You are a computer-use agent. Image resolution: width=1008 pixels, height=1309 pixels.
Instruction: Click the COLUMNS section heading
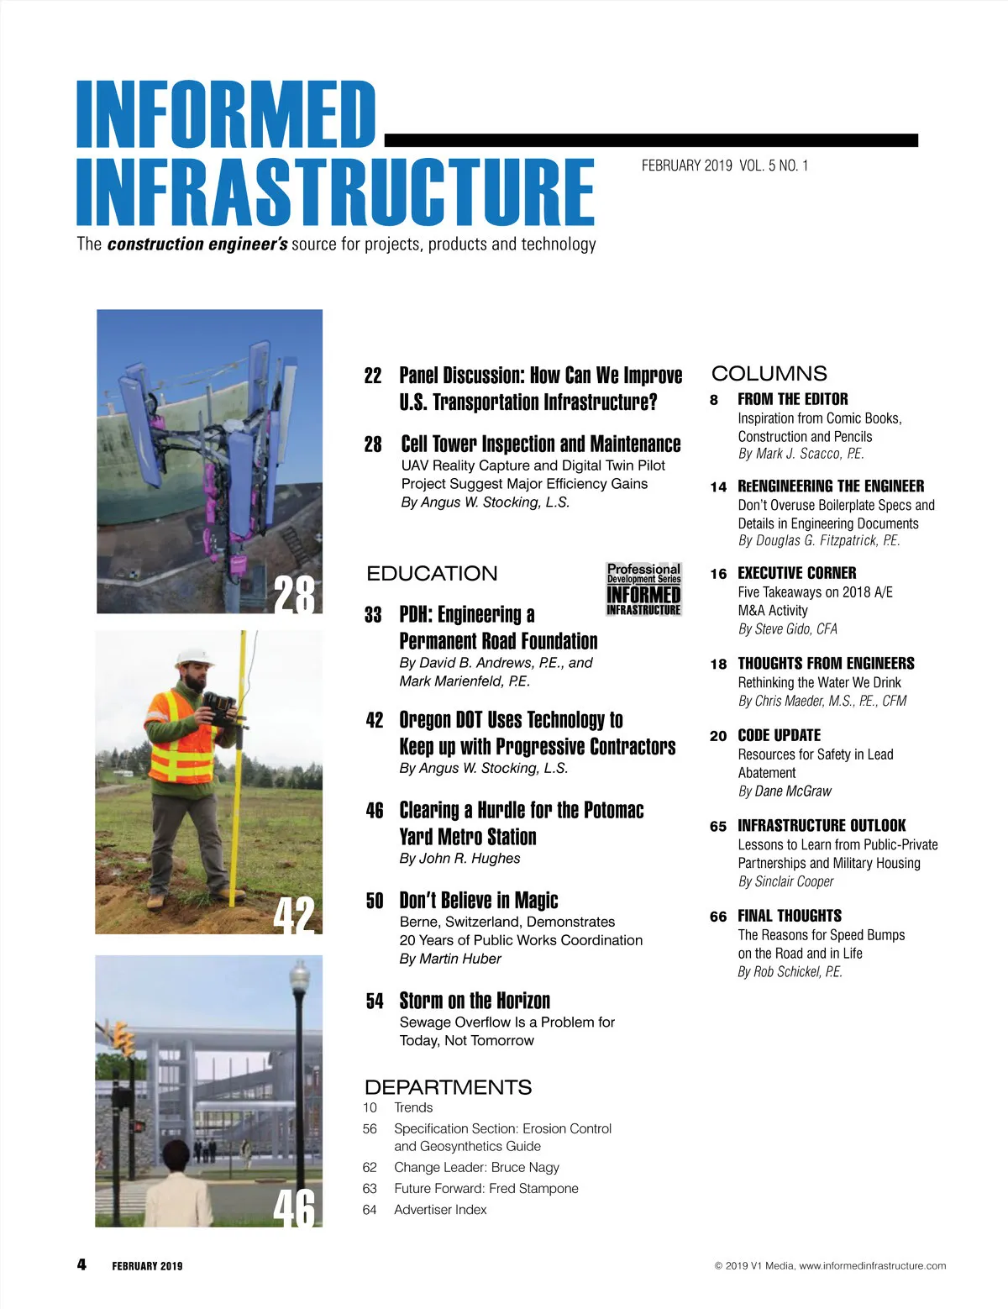(769, 374)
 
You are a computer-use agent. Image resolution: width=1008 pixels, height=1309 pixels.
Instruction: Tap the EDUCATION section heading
(432, 574)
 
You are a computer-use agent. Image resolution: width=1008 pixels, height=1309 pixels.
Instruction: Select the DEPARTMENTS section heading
(448, 1087)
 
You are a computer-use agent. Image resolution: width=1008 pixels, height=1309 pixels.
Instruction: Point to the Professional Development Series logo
(643, 589)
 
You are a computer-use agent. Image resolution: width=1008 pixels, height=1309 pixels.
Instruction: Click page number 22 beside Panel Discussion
(373, 376)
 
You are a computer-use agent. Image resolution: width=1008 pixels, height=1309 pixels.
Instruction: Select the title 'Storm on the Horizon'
(475, 1001)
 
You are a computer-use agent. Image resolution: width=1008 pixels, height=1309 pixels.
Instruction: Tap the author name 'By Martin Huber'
(450, 959)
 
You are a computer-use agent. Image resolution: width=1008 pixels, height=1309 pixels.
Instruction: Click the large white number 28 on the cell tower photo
(295, 594)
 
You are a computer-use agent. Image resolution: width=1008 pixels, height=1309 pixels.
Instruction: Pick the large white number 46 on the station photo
(295, 1207)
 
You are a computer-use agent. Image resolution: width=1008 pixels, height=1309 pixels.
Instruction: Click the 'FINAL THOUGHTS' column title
(789, 916)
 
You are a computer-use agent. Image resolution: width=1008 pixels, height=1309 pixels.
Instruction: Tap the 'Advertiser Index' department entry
(440, 1210)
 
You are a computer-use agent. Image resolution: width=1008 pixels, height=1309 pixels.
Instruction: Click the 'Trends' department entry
(413, 1107)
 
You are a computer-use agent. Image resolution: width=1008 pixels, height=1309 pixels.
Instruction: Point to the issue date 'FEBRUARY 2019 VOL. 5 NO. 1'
(724, 166)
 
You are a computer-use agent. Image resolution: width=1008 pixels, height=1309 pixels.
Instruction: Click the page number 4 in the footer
(81, 1264)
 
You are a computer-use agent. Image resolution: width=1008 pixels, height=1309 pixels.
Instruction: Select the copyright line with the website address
(830, 1265)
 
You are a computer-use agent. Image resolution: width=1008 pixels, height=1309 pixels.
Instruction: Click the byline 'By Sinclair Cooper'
(785, 881)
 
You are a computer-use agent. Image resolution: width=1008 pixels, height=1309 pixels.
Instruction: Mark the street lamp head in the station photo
(299, 976)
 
